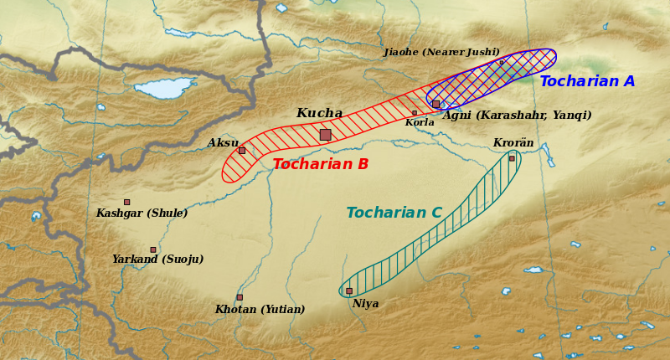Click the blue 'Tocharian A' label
587,81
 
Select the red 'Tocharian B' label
320,164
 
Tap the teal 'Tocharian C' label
394,213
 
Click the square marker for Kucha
325,134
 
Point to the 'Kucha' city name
319,113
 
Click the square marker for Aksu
242,150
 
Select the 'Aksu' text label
223,143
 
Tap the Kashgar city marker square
126,202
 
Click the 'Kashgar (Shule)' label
142,213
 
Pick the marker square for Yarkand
152,249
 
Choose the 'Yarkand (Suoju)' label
157,260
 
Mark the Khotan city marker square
239,296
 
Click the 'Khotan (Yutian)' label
260,310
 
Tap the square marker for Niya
349,291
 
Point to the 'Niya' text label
365,304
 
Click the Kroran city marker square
512,158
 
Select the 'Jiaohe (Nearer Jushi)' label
441,52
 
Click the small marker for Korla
414,112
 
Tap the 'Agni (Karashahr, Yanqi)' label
517,116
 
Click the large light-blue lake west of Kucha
164,88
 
